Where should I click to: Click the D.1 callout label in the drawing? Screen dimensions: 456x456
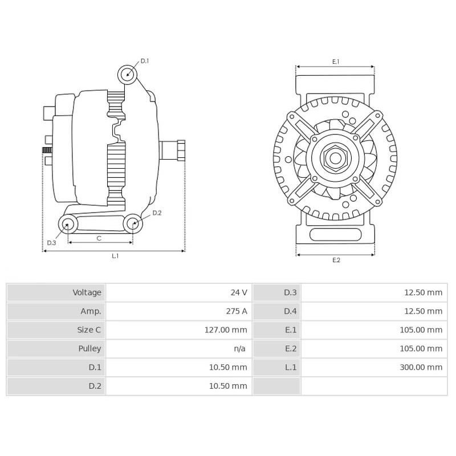click(x=145, y=61)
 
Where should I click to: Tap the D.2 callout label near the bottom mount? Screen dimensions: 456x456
click(x=157, y=213)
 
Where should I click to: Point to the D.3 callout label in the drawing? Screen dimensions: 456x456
click(x=51, y=243)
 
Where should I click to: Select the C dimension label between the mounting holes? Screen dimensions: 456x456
click(x=99, y=238)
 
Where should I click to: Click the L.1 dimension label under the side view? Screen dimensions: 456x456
click(x=115, y=256)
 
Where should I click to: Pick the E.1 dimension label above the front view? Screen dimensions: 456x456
click(x=336, y=62)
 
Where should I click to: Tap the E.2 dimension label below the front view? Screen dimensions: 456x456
click(x=336, y=260)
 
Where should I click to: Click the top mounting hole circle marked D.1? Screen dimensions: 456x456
click(x=128, y=74)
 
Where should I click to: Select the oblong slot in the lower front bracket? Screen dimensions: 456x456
click(x=335, y=235)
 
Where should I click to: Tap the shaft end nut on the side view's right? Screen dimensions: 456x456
click(x=181, y=150)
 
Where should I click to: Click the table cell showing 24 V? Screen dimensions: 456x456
click(x=239, y=292)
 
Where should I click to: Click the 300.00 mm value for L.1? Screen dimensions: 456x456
click(x=421, y=367)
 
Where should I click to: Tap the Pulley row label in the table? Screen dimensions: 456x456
click(x=89, y=348)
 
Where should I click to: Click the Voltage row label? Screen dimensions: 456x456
click(x=87, y=292)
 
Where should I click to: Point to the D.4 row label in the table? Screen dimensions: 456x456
click(x=290, y=311)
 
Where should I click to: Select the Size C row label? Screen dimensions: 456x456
click(x=89, y=330)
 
